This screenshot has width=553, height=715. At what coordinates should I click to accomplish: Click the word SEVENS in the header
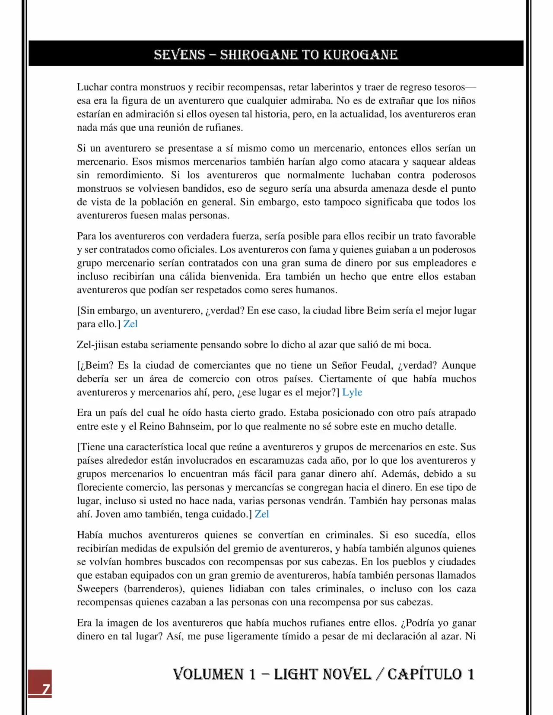click(179, 55)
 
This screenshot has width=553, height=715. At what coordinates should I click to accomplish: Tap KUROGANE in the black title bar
click(360, 55)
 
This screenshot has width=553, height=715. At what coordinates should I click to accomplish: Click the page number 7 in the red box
click(45, 689)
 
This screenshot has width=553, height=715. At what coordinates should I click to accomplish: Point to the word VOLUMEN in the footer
click(208, 674)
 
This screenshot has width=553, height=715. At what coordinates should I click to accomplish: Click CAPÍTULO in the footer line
click(425, 674)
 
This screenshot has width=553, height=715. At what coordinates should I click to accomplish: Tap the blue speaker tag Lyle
click(352, 392)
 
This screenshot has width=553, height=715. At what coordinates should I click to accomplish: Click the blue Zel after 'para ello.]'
click(130, 324)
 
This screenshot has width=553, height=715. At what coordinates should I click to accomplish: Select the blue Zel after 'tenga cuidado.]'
click(262, 514)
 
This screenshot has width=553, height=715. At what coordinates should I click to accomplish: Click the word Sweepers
click(98, 588)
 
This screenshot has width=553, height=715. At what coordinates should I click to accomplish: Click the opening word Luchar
click(92, 87)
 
